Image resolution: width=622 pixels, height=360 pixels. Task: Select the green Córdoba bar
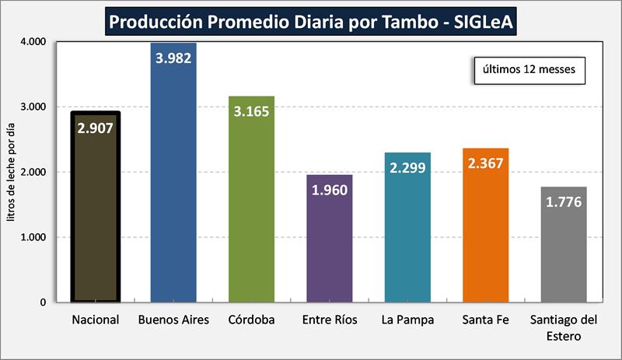[x=251, y=218]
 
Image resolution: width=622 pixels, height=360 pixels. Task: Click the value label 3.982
[x=173, y=58]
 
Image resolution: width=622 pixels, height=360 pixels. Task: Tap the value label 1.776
[x=563, y=202]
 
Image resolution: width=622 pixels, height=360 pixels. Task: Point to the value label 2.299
[x=407, y=167]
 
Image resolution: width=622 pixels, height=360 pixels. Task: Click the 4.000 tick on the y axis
[x=32, y=41]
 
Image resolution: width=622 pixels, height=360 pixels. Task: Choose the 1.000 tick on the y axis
[x=32, y=237]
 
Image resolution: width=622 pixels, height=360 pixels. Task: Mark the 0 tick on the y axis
[x=42, y=302]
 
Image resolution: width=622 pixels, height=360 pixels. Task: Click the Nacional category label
[x=95, y=320]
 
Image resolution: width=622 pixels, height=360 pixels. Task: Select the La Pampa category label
[x=407, y=320]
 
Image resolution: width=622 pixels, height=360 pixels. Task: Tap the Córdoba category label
[x=251, y=320]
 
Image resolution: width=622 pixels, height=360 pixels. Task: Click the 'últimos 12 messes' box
[x=529, y=68]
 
